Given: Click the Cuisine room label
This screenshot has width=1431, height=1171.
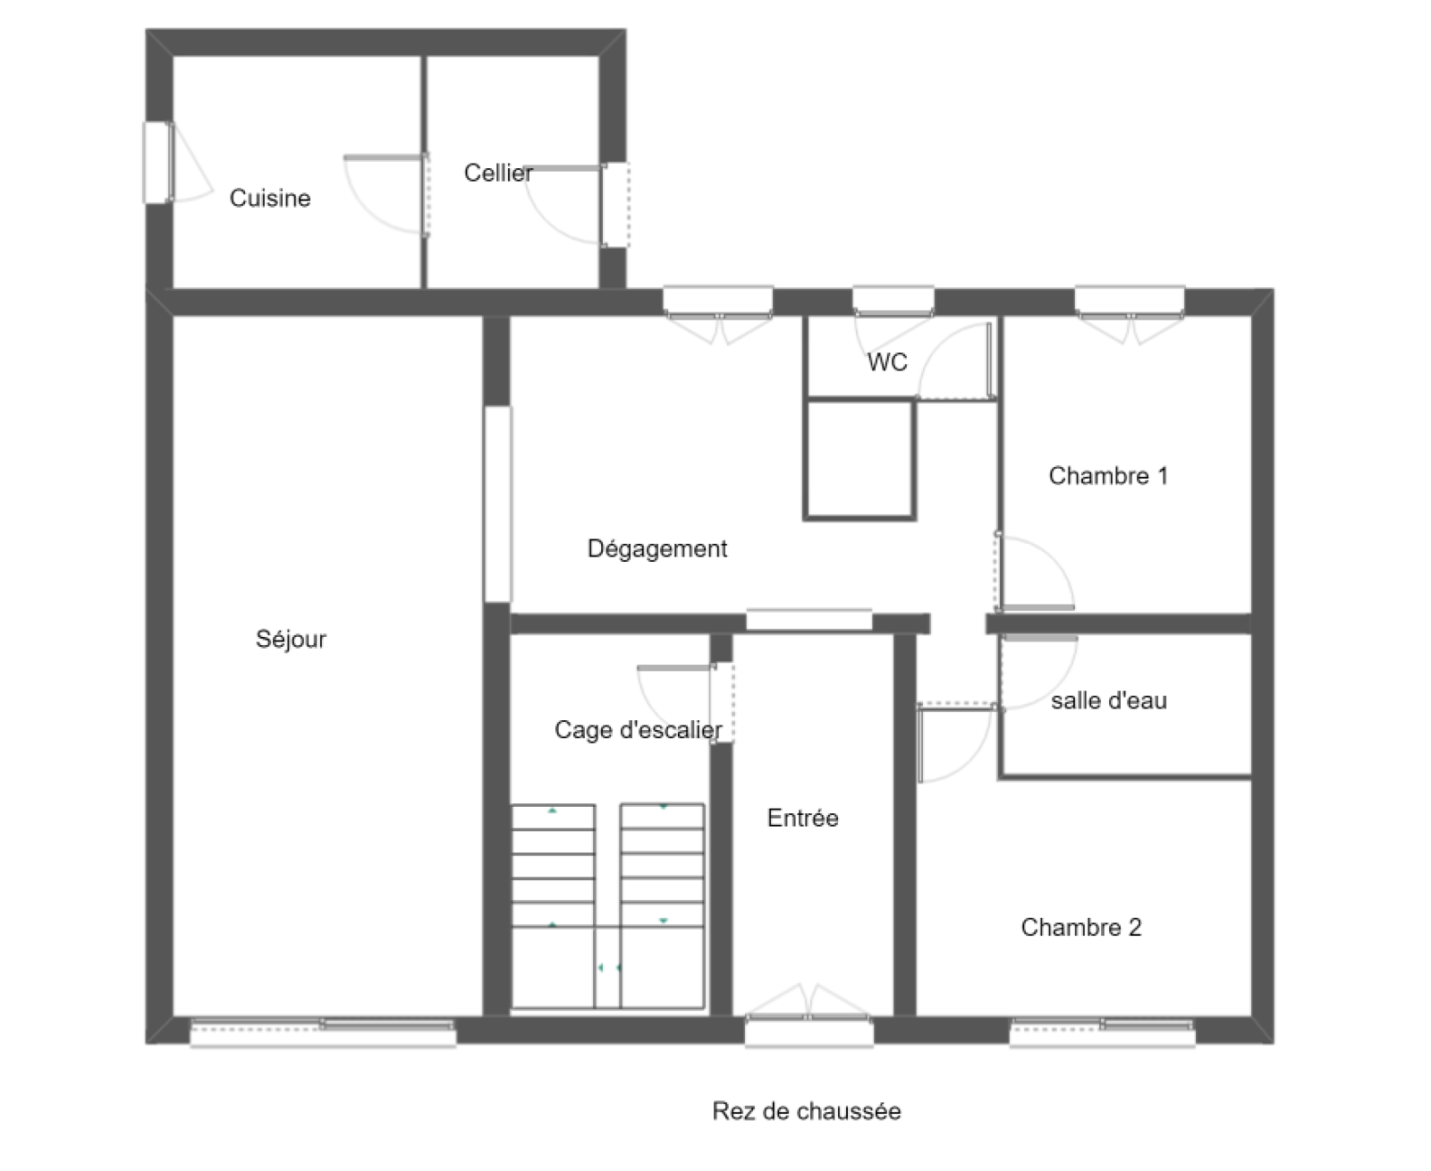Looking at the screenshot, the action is point(270,199).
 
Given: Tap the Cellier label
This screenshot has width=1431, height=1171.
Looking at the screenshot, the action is point(498,174).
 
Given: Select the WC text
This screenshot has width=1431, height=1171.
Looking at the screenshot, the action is point(887,362).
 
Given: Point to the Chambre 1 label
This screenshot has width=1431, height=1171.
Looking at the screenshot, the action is point(1108,476).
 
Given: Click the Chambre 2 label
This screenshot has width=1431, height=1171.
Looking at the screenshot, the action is point(1081,928).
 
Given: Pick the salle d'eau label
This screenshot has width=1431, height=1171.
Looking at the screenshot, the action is point(1109,700).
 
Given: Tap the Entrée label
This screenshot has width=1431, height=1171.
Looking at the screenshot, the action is point(802,818).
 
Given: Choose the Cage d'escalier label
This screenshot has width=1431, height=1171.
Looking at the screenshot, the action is point(638,730).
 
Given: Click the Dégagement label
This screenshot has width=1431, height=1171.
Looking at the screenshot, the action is point(656,548).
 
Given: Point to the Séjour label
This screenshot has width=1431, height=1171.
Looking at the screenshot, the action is point(291,640).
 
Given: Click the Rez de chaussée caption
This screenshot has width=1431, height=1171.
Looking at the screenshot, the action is point(806,1111).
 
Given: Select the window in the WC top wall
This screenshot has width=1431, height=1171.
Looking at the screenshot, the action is point(893,301).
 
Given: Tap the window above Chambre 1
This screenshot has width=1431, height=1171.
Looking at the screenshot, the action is point(1130,301).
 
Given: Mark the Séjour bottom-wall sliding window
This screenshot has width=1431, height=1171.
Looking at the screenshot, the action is point(322,1032).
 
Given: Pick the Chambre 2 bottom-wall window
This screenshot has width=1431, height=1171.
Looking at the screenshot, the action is point(1102,1032).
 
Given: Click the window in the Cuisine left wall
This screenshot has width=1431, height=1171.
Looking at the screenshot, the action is point(157,163).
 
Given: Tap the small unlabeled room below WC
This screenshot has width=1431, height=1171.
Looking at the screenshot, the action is point(859,460).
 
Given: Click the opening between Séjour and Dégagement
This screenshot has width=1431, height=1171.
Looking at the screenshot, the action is point(497,504).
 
